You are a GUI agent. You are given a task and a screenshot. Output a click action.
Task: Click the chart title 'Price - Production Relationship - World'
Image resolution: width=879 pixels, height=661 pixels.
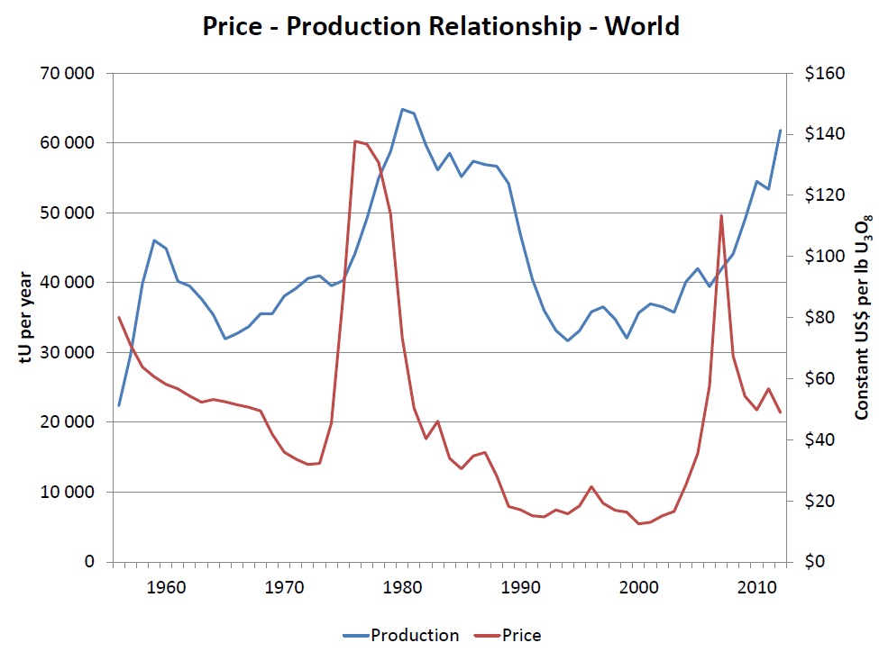pyautogui.click(x=440, y=27)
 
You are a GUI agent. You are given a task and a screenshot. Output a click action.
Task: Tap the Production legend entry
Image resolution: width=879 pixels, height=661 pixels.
pyautogui.click(x=401, y=635)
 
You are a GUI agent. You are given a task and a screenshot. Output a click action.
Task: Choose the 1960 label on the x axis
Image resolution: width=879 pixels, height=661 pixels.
pyautogui.click(x=166, y=587)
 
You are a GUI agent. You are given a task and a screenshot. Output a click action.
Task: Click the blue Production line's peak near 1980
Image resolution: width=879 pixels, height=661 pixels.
pyautogui.click(x=402, y=109)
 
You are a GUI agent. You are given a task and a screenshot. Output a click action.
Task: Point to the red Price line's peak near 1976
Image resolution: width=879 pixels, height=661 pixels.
pyautogui.click(x=355, y=140)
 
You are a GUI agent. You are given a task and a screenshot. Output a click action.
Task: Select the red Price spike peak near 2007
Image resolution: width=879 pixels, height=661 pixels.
pyautogui.click(x=721, y=215)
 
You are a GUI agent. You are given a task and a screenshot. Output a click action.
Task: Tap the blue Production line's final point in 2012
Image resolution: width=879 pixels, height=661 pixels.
pyautogui.click(x=781, y=131)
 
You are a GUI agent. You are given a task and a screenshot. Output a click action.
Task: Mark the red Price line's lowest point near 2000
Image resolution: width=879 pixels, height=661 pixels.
pyautogui.click(x=638, y=523)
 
